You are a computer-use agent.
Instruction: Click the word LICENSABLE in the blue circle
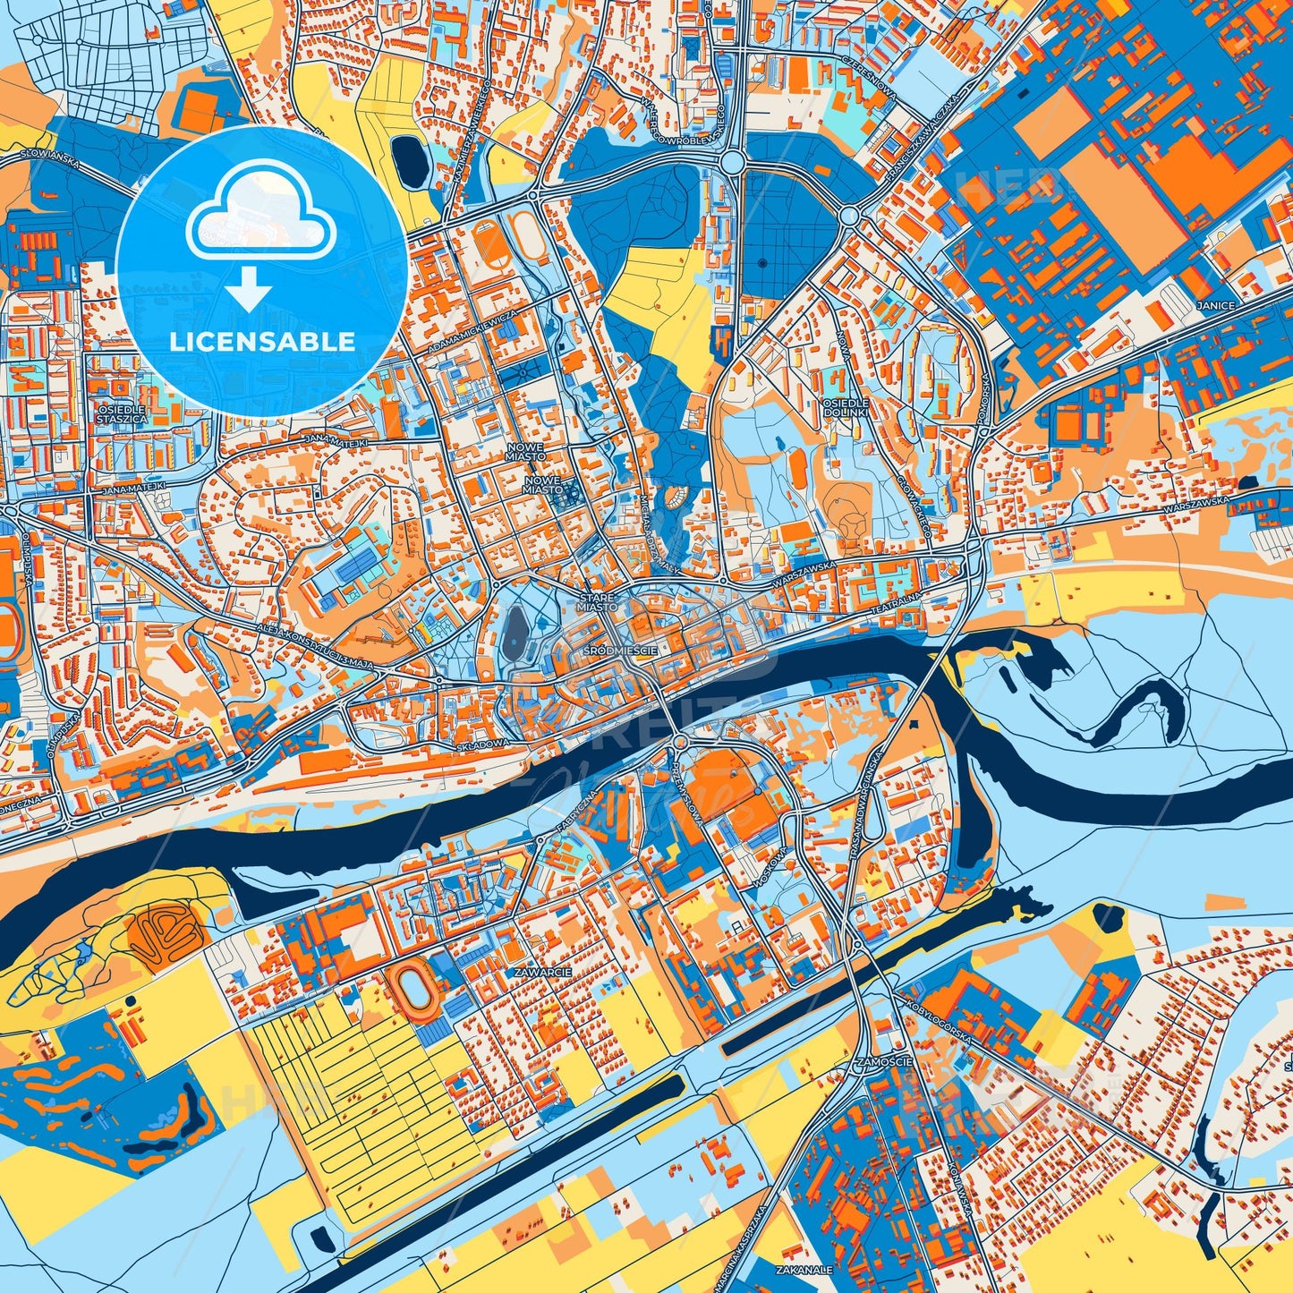pyautogui.click(x=262, y=341)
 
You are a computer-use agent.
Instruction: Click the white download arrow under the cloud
pyautogui.click(x=250, y=289)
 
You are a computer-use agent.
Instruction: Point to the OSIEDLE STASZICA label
pyautogui.click(x=122, y=413)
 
